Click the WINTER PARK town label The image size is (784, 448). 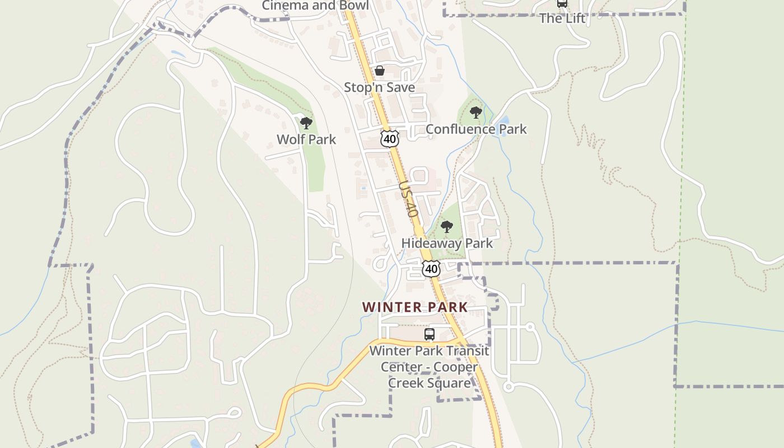414,307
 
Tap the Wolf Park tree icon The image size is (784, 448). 306,123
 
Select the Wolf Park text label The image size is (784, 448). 306,139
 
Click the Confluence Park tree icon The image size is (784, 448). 476,113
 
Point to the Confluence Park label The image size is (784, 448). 476,129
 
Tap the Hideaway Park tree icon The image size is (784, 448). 446,227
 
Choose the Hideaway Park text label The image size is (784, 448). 447,244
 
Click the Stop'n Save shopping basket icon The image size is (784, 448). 380,71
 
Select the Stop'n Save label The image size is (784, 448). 379,87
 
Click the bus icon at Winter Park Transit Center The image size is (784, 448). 430,334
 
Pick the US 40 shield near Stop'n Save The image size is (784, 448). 389,139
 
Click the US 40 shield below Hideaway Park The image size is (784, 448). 431,269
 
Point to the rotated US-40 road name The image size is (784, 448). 409,199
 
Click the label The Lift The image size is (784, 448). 562,18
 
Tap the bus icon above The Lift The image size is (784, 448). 562,3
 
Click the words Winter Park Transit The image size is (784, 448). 430,351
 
